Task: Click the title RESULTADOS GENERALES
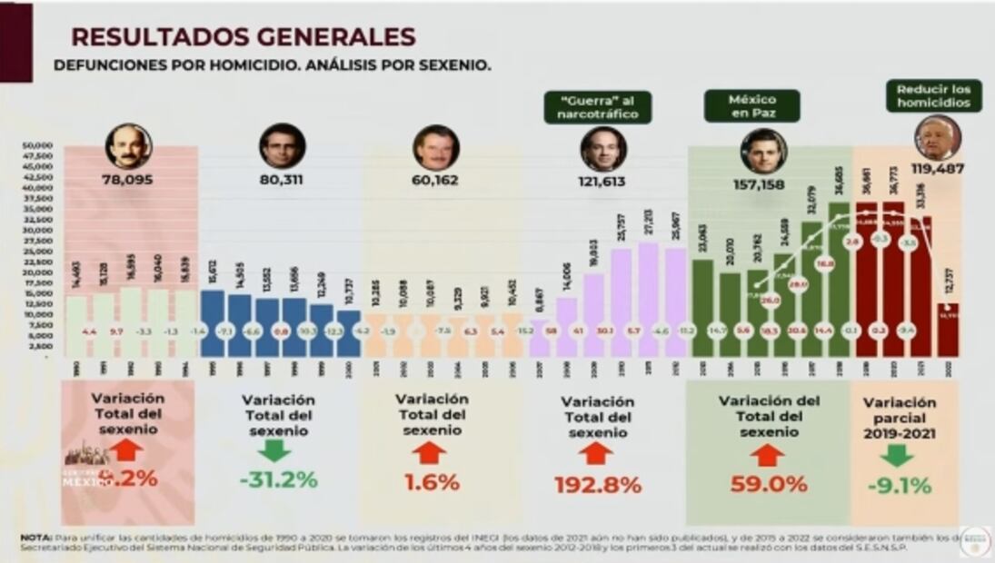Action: [x=243, y=36]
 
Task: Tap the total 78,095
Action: [x=128, y=180]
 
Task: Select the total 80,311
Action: [x=282, y=180]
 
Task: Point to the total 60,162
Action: [x=435, y=180]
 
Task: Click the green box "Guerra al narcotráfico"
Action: [x=598, y=106]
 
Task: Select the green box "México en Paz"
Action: [x=751, y=105]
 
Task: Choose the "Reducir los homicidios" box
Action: [x=933, y=95]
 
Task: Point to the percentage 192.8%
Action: [x=597, y=485]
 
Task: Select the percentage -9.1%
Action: [x=899, y=486]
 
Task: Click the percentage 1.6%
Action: [x=432, y=482]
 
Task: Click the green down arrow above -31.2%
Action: [x=274, y=450]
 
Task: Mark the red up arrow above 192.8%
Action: [x=596, y=453]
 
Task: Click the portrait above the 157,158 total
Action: [x=763, y=150]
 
